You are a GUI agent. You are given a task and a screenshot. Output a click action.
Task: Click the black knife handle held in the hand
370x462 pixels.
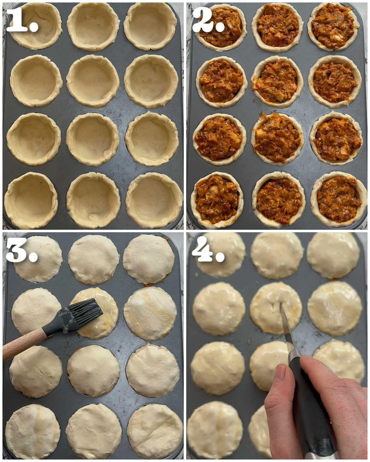pos(308,410)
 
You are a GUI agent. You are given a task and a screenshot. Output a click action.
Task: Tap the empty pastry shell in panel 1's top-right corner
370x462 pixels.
pos(150,26)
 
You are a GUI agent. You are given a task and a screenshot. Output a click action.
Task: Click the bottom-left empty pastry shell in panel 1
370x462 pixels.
pos(31,200)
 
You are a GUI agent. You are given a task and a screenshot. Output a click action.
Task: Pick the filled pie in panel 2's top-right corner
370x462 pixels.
pos(334,26)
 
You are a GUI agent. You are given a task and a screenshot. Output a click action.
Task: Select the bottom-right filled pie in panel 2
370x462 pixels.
pos(338,199)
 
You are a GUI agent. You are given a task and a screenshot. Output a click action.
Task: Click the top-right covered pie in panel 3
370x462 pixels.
pos(149,259)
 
